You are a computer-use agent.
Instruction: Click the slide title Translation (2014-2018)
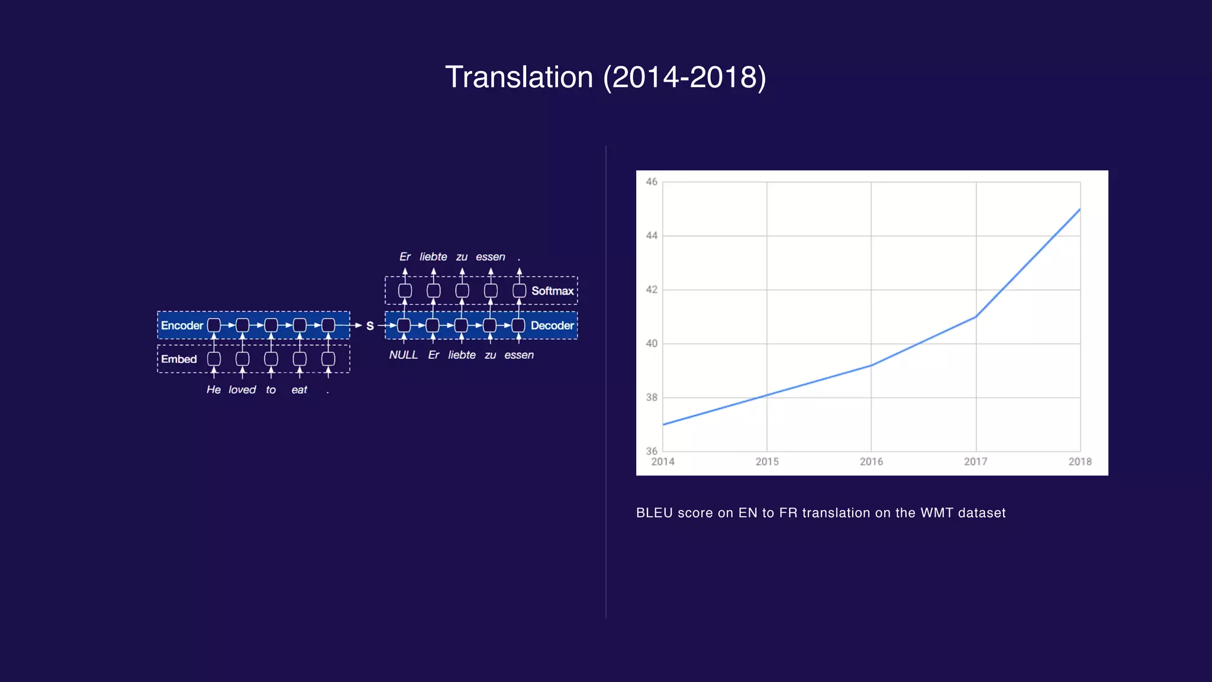[605, 78]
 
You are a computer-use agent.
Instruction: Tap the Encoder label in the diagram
[182, 326]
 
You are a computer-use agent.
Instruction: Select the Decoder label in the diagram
[552, 326]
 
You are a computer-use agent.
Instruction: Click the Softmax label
[552, 291]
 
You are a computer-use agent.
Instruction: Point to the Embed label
[179, 359]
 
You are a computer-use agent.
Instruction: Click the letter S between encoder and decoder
[370, 326]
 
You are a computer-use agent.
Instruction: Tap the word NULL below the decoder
[403, 355]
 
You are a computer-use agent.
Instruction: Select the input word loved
[242, 390]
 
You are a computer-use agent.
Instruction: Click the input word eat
[299, 390]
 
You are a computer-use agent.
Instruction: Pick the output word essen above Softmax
[490, 257]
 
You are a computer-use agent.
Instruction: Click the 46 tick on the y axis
[652, 182]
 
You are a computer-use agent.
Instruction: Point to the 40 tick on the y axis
[652, 343]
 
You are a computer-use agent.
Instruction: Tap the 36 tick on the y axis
[652, 451]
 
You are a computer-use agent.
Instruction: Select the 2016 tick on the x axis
[871, 462]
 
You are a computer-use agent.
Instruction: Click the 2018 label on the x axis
[1079, 462]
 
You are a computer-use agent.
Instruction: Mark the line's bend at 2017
[975, 317]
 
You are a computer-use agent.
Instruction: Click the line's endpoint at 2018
[1080, 209]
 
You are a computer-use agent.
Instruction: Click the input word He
[213, 390]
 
